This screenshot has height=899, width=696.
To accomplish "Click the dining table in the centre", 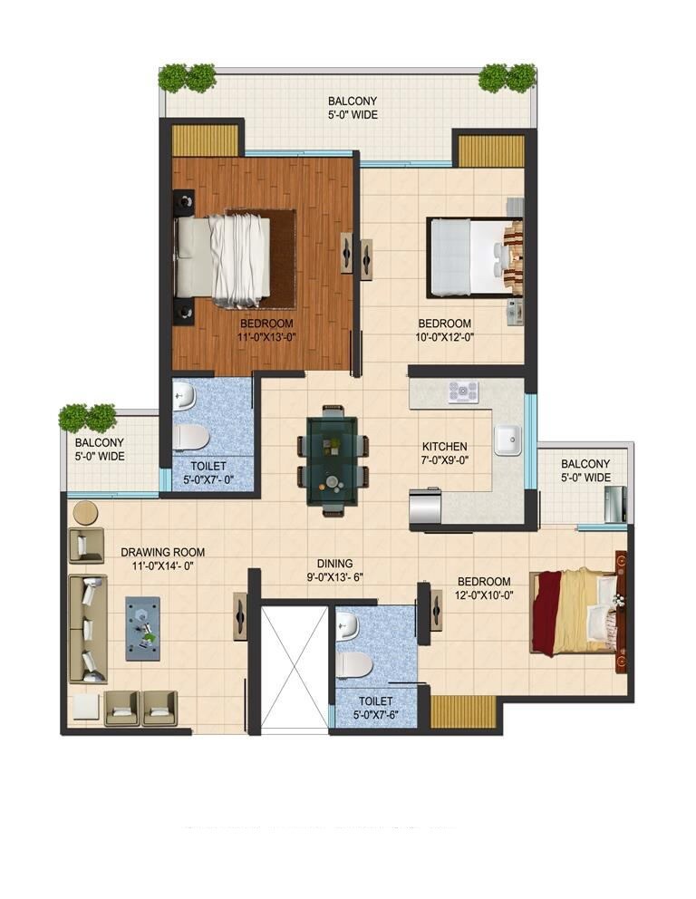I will click(x=333, y=460).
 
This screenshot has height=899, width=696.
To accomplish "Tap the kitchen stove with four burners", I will click(x=463, y=391).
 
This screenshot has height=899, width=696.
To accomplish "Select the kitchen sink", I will click(x=507, y=440).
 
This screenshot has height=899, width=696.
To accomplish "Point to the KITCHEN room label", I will click(x=445, y=447).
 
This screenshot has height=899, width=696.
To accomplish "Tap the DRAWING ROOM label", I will click(x=162, y=552).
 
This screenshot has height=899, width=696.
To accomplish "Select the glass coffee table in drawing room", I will click(x=142, y=627).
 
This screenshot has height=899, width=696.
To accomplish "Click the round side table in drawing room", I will click(x=85, y=513).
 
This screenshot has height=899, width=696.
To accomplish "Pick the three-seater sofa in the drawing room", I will click(x=88, y=628).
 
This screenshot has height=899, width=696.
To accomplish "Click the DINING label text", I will click(x=334, y=563).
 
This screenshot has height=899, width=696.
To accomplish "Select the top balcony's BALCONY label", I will click(x=353, y=101).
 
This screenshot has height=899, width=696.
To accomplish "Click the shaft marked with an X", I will click(x=294, y=667).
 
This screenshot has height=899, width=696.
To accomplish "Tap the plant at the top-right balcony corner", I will click(x=507, y=78).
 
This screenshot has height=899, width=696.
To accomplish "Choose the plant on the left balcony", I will click(x=88, y=417).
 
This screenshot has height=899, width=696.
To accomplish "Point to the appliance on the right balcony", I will click(x=614, y=504).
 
